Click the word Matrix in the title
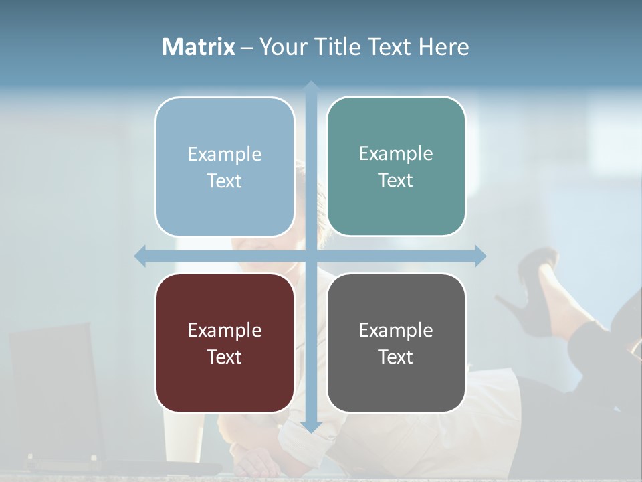click(199, 47)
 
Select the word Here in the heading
click(443, 47)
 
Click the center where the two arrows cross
click(311, 256)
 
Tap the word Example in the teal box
click(396, 153)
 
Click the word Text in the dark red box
click(225, 357)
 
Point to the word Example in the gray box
click(396, 330)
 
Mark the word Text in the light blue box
click(225, 181)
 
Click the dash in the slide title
click(247, 48)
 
